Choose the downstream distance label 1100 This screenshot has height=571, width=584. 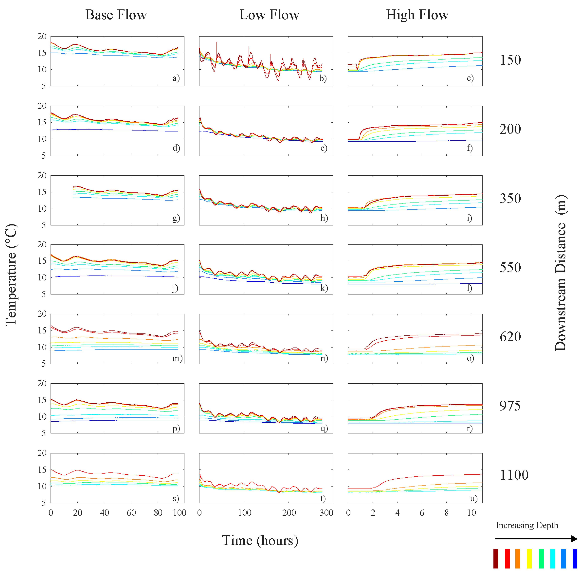[514, 475]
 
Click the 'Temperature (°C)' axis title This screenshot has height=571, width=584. [11, 275]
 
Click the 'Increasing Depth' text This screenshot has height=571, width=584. [527, 525]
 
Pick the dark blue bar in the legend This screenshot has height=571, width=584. [575, 558]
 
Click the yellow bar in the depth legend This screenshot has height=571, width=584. [529, 558]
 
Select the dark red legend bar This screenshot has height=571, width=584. [496, 558]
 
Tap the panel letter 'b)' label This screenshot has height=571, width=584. [323, 78]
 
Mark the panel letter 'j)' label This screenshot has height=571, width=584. [175, 288]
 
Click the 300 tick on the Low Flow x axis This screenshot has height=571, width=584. [326, 512]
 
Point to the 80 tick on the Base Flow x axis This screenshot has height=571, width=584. [158, 512]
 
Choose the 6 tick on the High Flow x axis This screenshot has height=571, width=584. [422, 512]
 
